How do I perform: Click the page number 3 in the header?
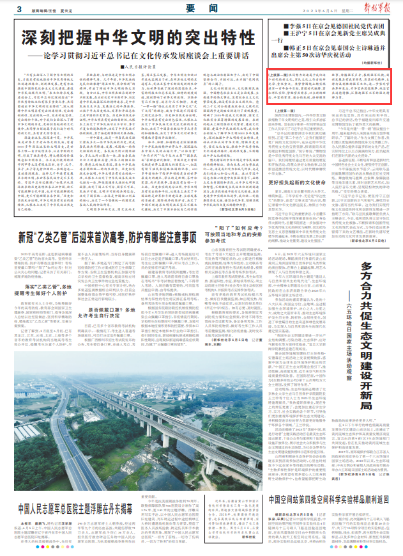tap(20, 8)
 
